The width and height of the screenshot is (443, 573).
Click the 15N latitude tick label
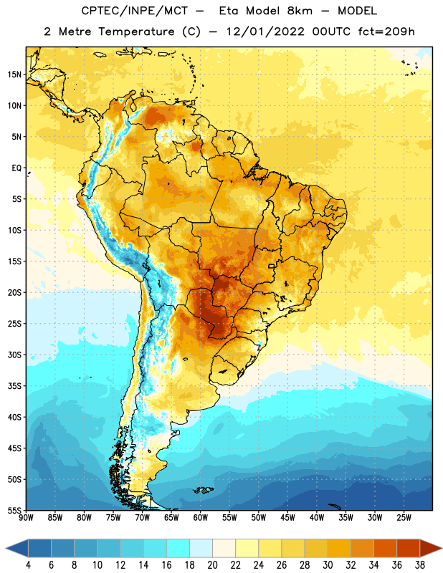[x=14, y=74]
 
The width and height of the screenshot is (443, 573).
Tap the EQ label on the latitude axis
[x=16, y=168]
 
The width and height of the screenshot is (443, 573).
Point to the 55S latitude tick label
[x=14, y=510]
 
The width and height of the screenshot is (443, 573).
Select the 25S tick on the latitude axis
[x=14, y=324]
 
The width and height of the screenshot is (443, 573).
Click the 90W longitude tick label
[x=26, y=518]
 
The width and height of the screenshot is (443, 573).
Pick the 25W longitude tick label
[x=404, y=518]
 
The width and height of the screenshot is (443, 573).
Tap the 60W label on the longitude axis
[x=201, y=518]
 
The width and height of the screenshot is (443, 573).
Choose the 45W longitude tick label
[x=287, y=518]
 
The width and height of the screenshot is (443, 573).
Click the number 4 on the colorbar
[x=28, y=565]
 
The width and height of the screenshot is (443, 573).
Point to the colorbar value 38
[x=420, y=565]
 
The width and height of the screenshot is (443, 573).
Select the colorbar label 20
[x=212, y=565]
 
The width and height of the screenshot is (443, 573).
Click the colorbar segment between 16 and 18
[x=178, y=549]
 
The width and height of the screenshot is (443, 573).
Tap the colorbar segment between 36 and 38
[x=409, y=549]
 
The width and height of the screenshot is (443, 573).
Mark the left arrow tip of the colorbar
[x=6, y=549]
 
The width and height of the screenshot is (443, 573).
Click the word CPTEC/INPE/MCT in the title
[x=134, y=11]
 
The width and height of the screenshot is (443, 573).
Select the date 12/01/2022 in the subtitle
[x=265, y=32]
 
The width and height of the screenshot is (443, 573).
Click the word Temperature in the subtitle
[x=136, y=32]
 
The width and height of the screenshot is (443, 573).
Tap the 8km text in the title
[x=300, y=11]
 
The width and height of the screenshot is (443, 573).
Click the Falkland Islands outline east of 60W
[x=203, y=490]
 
